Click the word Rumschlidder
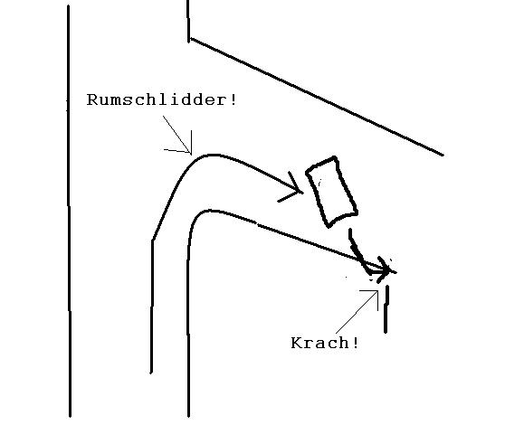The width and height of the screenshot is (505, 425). (x=158, y=99)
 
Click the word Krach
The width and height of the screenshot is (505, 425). (x=319, y=343)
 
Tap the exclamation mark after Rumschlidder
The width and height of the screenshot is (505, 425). (x=233, y=99)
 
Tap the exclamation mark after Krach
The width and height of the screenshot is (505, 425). (x=356, y=343)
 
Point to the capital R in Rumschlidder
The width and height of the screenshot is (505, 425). (x=92, y=100)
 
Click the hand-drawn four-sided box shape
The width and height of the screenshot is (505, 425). (x=332, y=192)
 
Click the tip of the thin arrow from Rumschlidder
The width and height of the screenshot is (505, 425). (x=191, y=154)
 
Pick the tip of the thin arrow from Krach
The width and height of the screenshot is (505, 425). (x=377, y=291)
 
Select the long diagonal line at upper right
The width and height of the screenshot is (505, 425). (x=318, y=97)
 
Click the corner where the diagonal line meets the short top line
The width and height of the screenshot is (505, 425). (x=189, y=39)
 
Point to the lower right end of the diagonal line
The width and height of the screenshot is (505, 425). (x=443, y=155)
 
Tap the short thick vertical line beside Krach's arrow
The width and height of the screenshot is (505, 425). (x=386, y=309)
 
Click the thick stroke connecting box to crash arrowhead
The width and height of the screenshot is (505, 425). (x=357, y=250)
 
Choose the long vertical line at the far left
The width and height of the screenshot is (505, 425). (x=69, y=211)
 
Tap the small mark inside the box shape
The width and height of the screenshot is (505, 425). (x=319, y=183)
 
